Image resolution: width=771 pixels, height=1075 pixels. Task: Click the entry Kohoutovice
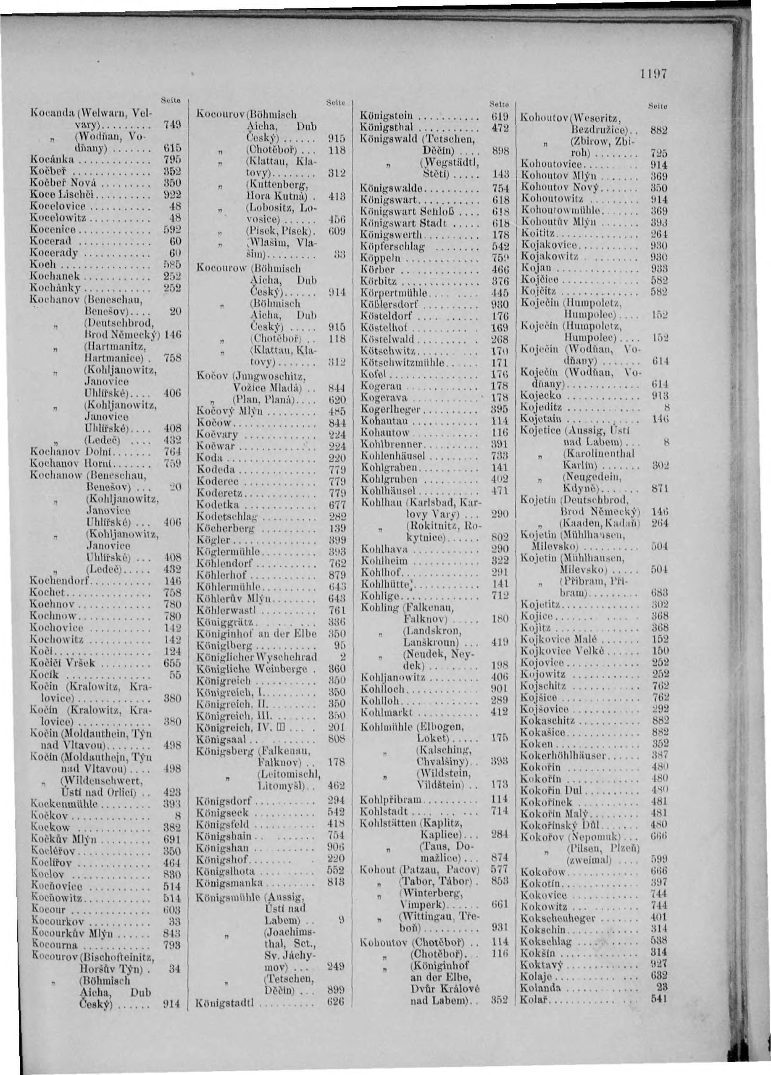pyautogui.click(x=550, y=165)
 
